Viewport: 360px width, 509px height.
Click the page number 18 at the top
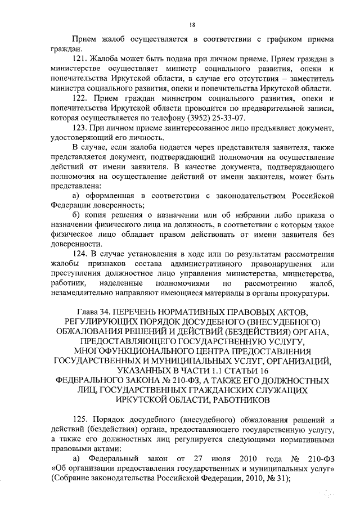click(x=192, y=24)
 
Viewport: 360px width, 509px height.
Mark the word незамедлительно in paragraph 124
click(x=87, y=293)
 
